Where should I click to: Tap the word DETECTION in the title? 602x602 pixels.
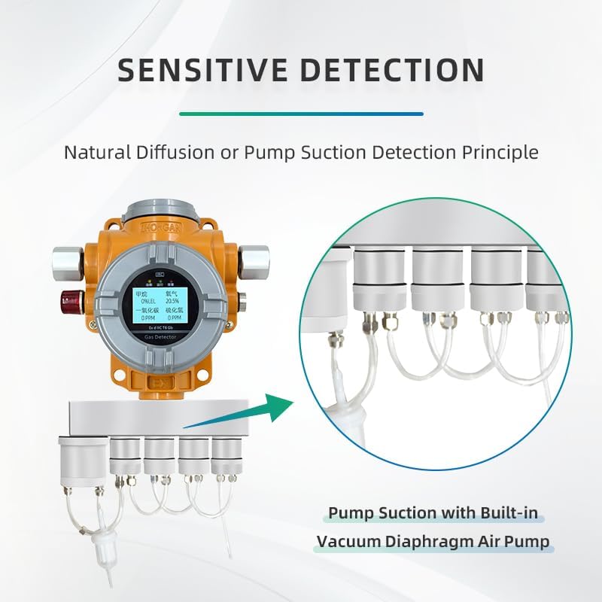[394, 70]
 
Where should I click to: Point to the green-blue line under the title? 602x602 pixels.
[301, 114]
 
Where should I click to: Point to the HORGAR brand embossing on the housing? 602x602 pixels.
[160, 227]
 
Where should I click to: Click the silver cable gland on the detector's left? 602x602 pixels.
[66, 259]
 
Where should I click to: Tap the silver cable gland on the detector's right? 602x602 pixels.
[255, 259]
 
